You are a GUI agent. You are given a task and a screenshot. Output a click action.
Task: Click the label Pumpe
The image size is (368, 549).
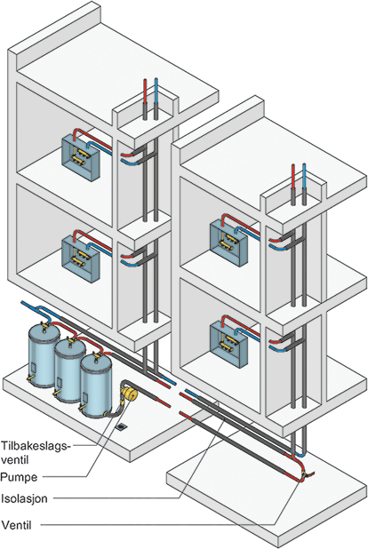[x=19, y=477]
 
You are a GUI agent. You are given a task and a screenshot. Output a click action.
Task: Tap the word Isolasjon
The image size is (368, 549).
[x=24, y=498]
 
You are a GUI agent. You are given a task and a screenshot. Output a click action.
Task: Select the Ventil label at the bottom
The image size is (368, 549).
[x=16, y=525]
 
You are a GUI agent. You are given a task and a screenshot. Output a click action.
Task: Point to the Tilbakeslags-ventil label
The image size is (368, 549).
[x=35, y=452]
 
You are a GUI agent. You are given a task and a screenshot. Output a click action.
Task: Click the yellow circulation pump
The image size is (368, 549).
[x=129, y=393]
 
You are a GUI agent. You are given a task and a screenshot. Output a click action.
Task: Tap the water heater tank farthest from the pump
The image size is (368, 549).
[x=44, y=354]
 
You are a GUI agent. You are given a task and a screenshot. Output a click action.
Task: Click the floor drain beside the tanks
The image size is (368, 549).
[x=121, y=426]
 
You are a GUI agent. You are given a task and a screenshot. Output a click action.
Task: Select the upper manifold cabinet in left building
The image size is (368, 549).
[x=81, y=157]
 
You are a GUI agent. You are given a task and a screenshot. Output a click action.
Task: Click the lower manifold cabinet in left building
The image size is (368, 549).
[x=81, y=259]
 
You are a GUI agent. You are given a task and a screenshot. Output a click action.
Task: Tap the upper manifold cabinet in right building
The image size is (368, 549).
[x=228, y=243]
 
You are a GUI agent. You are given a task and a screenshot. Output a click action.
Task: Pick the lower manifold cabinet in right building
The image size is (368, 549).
[x=228, y=345]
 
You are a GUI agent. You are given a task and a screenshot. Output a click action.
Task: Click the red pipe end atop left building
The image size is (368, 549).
[x=146, y=80]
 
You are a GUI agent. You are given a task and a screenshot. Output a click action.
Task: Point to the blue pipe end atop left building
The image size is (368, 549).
[x=156, y=80]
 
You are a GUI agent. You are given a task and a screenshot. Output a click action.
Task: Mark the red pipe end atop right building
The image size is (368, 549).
[x=293, y=165]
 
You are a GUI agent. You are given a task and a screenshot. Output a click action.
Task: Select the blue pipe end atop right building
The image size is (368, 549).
[x=304, y=165]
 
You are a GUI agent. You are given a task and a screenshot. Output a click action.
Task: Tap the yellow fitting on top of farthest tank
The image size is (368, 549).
[x=44, y=325]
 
